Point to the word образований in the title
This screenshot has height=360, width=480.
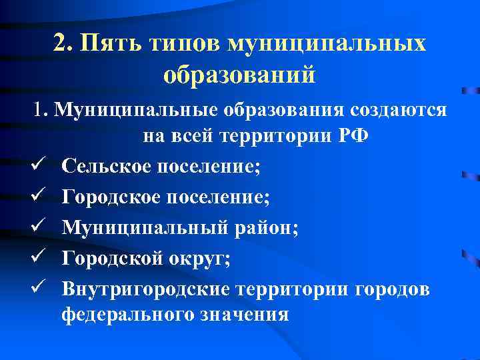[x=239, y=74]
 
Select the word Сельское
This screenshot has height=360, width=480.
[x=106, y=167]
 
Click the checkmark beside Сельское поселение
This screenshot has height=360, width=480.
[x=39, y=167]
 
